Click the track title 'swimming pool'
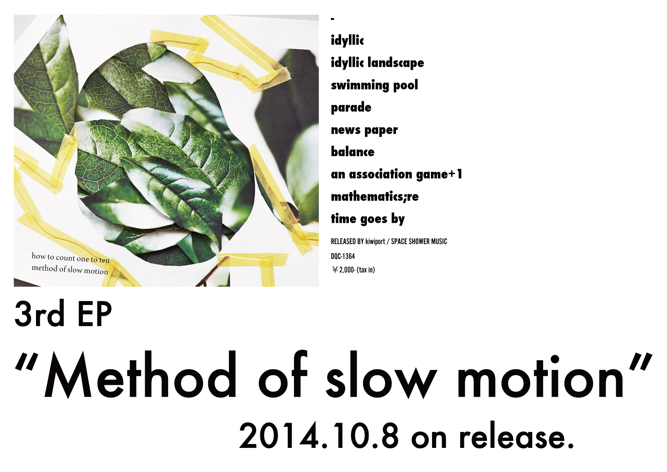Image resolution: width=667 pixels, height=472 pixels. click(374, 85)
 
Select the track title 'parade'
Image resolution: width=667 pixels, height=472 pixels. click(351, 108)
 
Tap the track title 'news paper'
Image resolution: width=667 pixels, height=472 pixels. click(364, 130)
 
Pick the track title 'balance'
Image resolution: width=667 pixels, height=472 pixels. click(353, 151)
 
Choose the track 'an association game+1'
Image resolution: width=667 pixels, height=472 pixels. click(396, 174)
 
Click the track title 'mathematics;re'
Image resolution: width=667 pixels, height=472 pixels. click(375, 196)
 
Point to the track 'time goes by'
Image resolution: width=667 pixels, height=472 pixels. click(368, 219)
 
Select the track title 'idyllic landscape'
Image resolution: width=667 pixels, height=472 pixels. click(377, 63)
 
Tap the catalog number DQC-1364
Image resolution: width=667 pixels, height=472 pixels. click(343, 256)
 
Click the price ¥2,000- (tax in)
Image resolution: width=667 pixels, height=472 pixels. click(353, 270)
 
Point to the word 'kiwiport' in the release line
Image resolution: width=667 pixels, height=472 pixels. click(375, 242)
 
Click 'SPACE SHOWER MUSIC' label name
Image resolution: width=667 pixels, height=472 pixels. click(419, 241)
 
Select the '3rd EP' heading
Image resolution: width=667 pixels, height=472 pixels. click(63, 314)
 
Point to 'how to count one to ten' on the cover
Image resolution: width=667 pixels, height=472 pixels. click(71, 258)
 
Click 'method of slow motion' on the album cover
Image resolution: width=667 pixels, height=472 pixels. click(70, 269)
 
